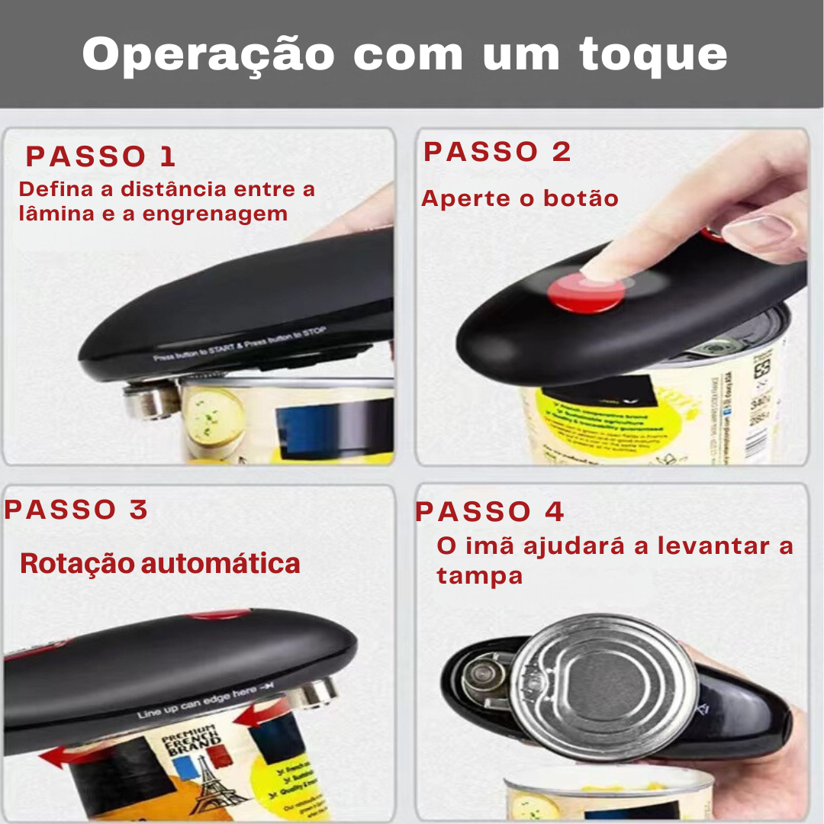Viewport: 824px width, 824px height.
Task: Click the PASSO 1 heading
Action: pyautogui.click(x=101, y=156)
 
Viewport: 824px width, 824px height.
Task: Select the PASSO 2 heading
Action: pyautogui.click(x=497, y=152)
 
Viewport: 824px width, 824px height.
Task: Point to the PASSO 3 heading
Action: pyautogui.click(x=76, y=510)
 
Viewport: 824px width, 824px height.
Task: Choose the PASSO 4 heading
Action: pyautogui.click(x=489, y=512)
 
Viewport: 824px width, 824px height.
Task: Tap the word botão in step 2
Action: pyautogui.click(x=581, y=199)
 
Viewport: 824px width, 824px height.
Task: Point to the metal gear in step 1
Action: pyautogui.click(x=151, y=401)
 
